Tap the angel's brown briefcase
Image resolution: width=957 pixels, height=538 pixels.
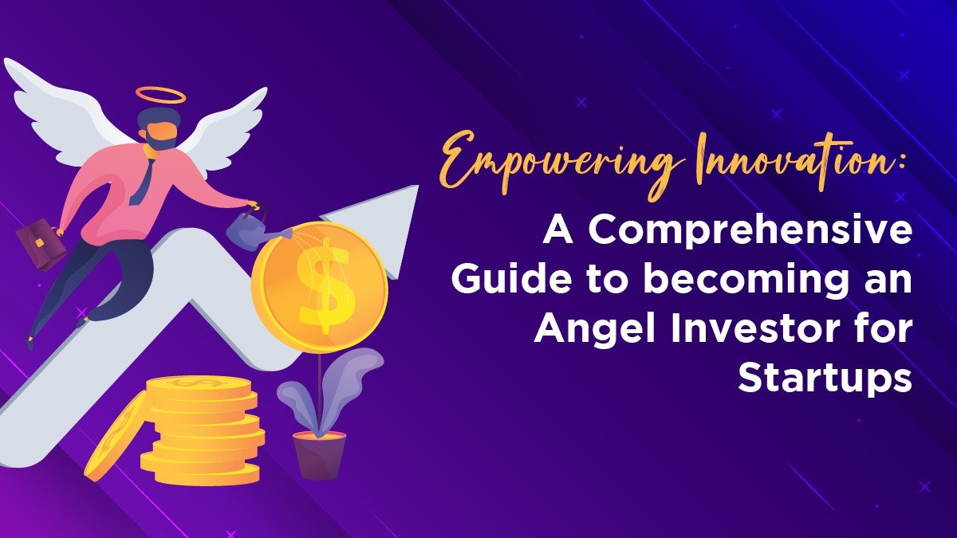click(x=39, y=245)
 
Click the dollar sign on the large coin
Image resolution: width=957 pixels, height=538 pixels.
click(x=321, y=285)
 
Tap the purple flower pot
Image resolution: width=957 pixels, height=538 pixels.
click(x=320, y=454)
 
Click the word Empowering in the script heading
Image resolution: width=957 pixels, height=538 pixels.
click(x=558, y=163)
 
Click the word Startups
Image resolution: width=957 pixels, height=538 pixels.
click(x=825, y=378)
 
